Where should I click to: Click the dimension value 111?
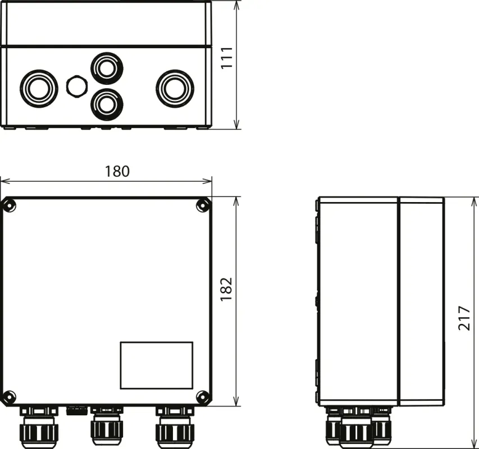click(x=227, y=58)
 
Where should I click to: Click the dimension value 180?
click(x=117, y=171)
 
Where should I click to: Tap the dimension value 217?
click(x=464, y=318)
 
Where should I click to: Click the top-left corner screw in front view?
click(x=9, y=205)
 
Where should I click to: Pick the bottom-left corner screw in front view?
click(x=9, y=397)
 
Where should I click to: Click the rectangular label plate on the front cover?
click(x=156, y=365)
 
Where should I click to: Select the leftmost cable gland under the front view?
click(x=38, y=427)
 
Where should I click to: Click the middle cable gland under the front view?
click(x=107, y=427)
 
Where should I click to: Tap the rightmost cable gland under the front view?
click(x=175, y=427)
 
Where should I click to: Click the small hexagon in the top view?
click(x=76, y=86)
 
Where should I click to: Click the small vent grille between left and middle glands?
click(x=76, y=410)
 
